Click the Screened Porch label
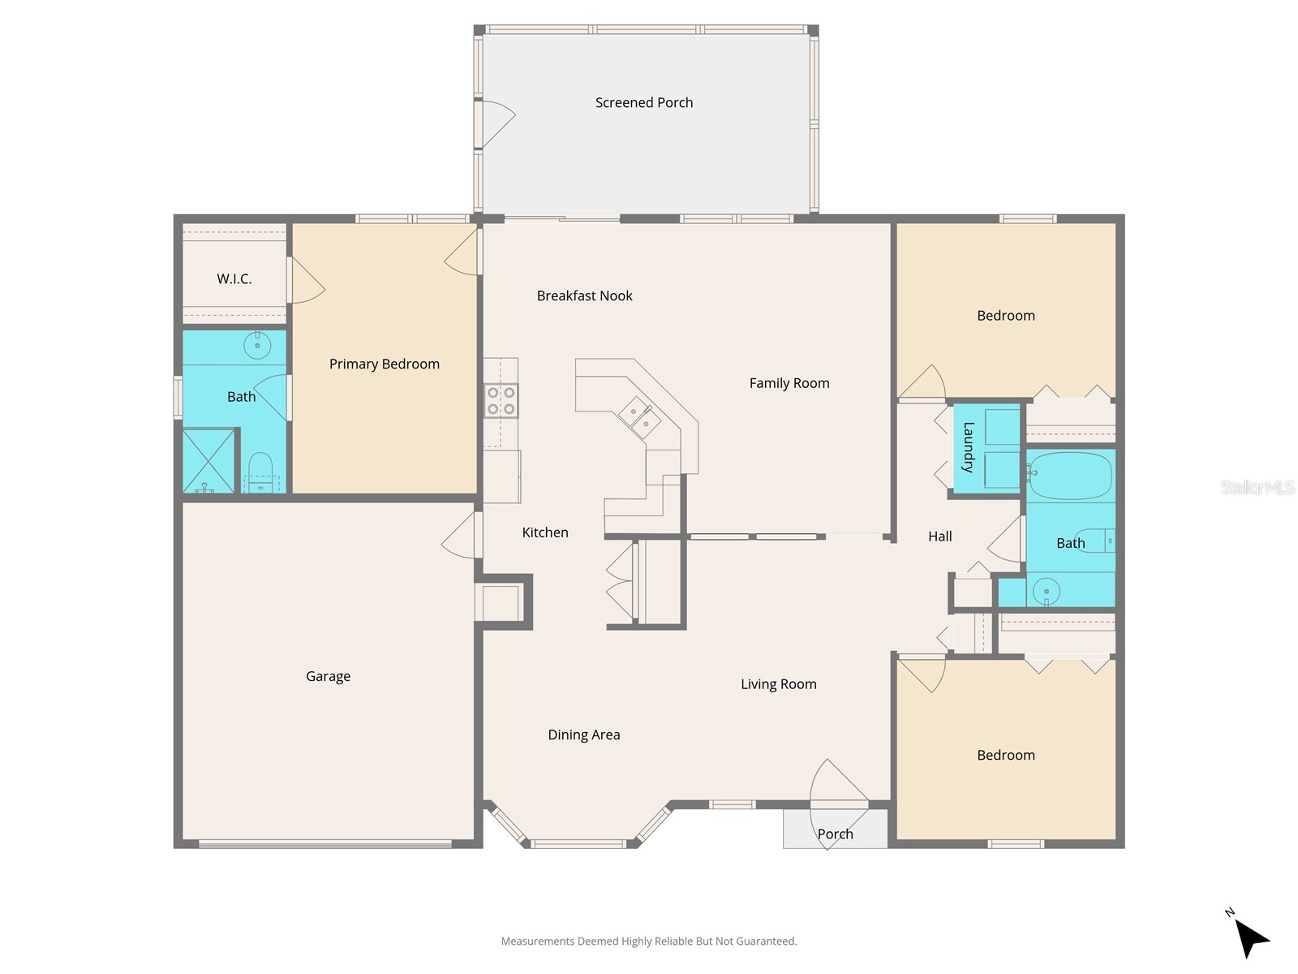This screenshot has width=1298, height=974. (x=644, y=103)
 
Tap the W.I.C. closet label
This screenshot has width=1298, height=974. (x=234, y=279)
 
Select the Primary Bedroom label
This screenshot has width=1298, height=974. (x=385, y=364)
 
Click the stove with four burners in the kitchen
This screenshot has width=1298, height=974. (x=501, y=401)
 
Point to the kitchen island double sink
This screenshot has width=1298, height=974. (x=639, y=417)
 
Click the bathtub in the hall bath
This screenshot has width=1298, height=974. (x=1071, y=476)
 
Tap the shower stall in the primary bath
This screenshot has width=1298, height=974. (x=208, y=461)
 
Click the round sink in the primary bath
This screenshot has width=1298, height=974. (x=257, y=346)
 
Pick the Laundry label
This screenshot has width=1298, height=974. (x=968, y=447)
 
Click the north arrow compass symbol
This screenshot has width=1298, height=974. (x=1250, y=937)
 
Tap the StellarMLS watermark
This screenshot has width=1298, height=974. (x=1257, y=488)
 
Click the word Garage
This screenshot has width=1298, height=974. (x=329, y=677)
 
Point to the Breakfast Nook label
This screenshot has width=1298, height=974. (x=585, y=296)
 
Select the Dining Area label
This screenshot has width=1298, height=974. (x=584, y=735)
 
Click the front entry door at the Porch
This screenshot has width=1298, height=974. (x=839, y=791)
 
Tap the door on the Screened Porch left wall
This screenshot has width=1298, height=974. (x=494, y=124)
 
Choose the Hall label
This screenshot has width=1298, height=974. (x=940, y=537)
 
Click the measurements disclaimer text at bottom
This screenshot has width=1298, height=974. (x=649, y=942)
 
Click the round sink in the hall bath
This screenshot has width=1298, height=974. (x=1047, y=592)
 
